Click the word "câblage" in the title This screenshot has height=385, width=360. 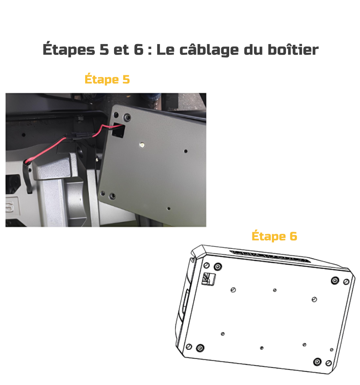point(209,50)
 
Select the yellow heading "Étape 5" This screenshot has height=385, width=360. point(107,79)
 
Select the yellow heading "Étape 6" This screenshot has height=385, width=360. point(274,236)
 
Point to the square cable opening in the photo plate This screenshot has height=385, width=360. point(118,130)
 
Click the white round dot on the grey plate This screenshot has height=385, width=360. point(142,145)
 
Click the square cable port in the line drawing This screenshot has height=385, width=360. point(208,279)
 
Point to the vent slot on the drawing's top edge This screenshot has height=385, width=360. point(269,257)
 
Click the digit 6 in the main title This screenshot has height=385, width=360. point(138,49)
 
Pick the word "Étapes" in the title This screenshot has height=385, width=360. point(69,49)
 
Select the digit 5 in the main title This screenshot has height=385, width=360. point(104,49)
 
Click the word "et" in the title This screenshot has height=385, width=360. point(121,50)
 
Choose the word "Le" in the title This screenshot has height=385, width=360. point(165,49)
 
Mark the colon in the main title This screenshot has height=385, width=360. point(150,50)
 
